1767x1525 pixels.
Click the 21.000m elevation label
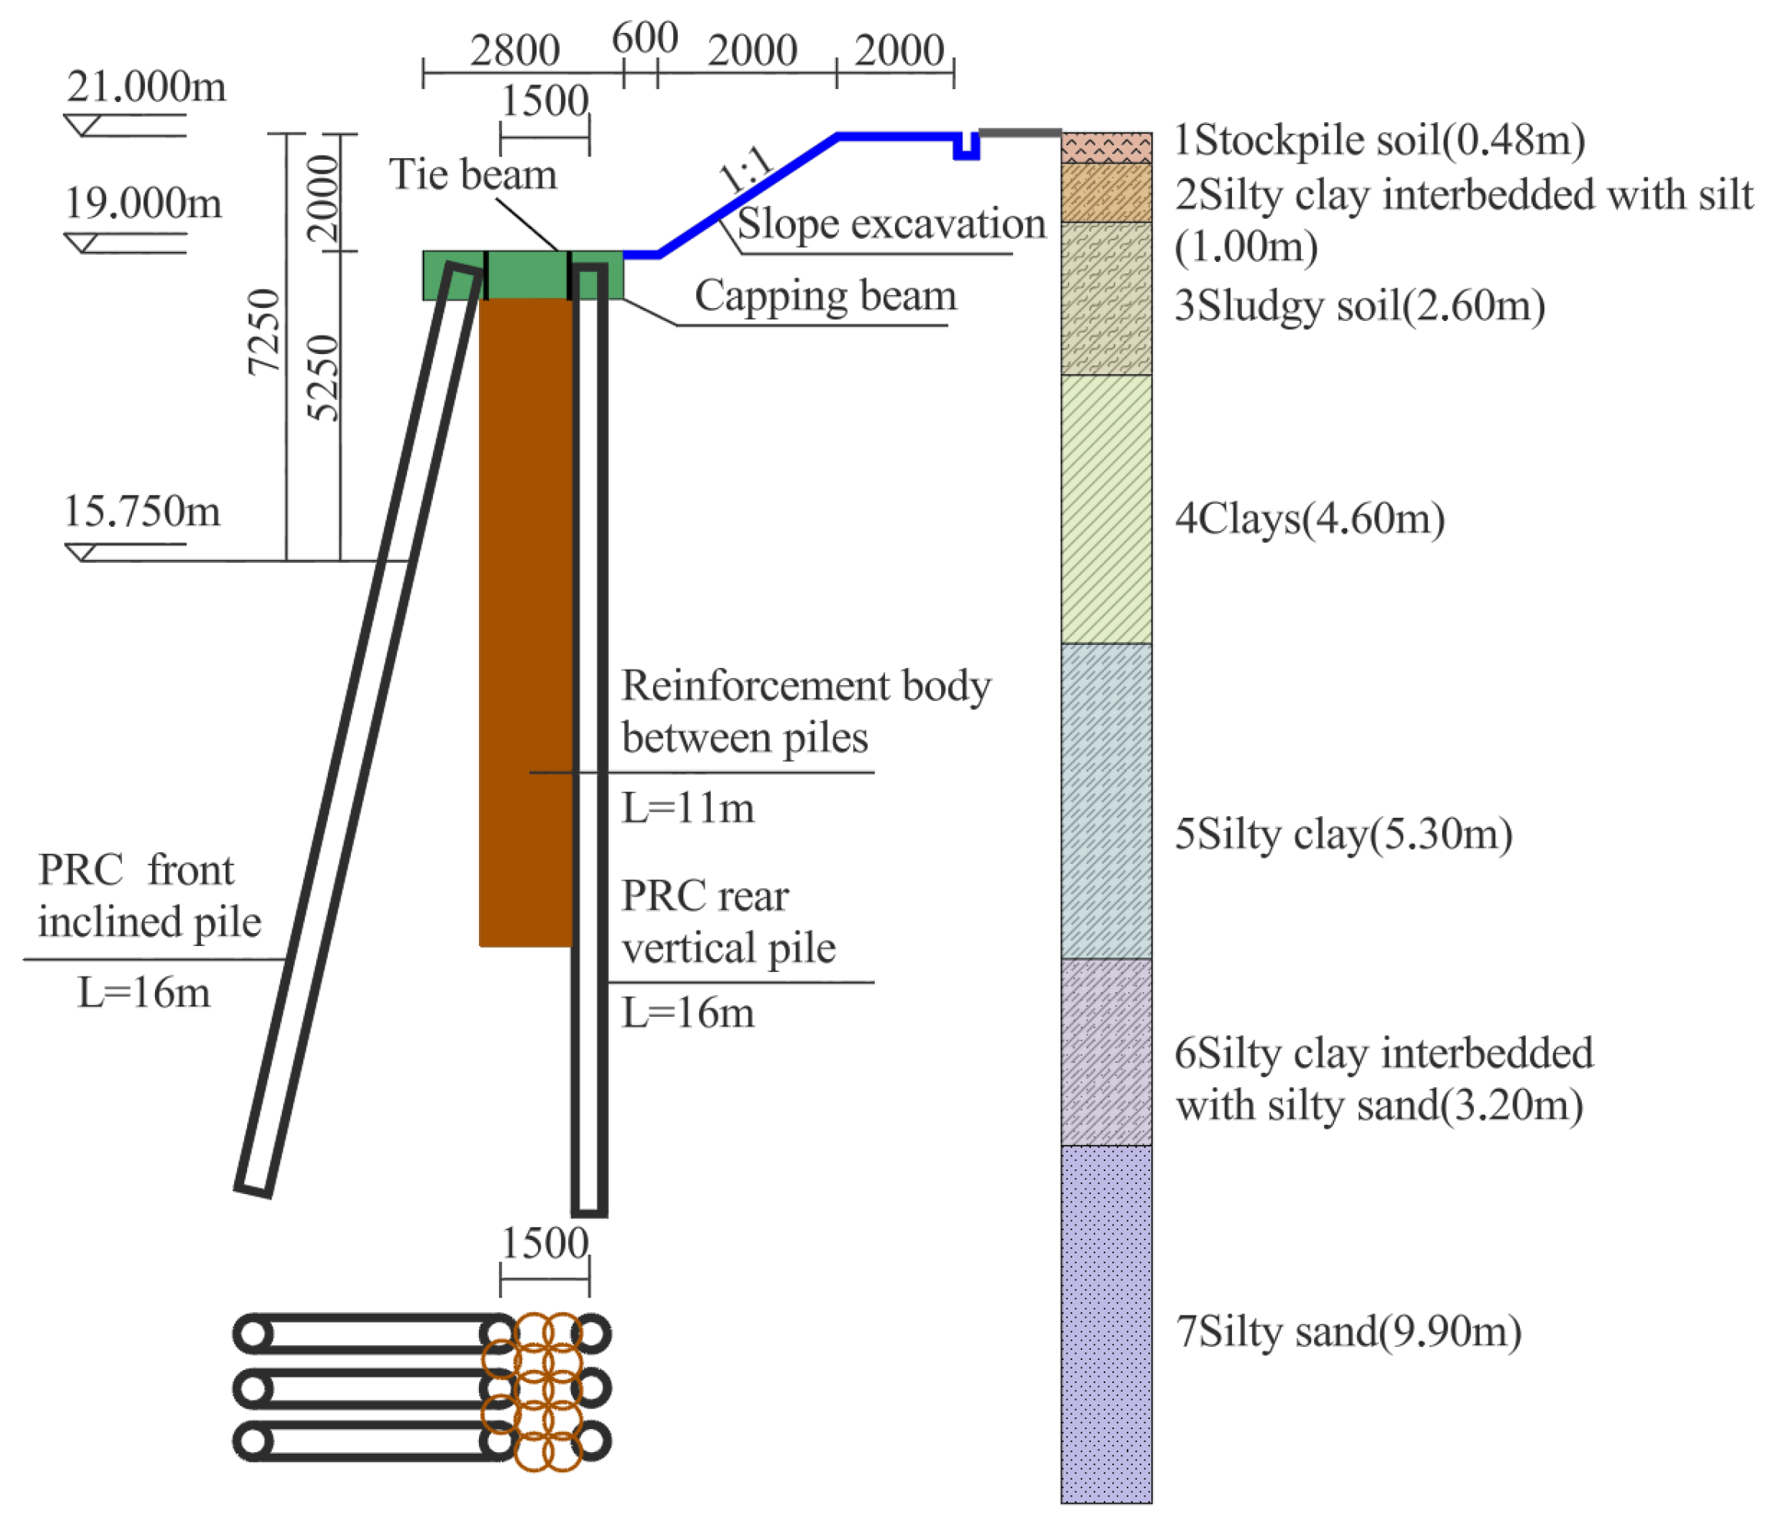(147, 87)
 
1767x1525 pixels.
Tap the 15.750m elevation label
(143, 511)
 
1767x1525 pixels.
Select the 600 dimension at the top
(645, 39)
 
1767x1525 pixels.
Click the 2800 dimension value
(514, 51)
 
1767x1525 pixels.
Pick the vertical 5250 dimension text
(323, 378)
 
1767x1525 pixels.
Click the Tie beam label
(474, 175)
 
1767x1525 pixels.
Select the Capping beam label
(824, 296)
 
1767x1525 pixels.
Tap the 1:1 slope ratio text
(745, 168)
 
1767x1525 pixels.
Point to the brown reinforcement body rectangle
(524, 623)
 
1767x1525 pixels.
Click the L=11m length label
(687, 808)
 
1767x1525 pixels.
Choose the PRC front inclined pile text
(149, 895)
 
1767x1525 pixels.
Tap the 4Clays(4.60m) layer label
(1309, 518)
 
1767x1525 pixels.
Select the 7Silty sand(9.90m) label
(1347, 1331)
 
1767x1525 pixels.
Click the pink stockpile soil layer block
(1106, 147)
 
